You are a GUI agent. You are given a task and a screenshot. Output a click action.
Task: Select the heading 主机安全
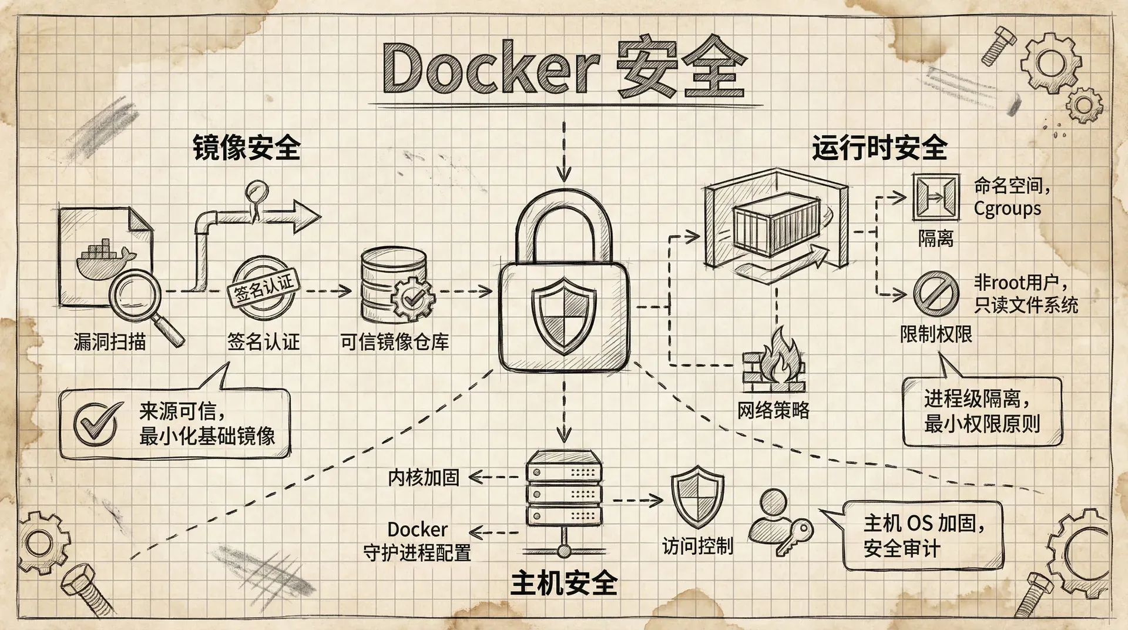click(564, 582)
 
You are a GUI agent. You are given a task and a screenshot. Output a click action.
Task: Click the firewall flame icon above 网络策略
click(774, 360)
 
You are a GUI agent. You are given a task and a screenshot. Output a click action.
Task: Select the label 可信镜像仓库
click(395, 342)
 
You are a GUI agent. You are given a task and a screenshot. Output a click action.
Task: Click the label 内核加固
click(424, 478)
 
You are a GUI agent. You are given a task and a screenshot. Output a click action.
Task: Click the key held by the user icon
click(794, 536)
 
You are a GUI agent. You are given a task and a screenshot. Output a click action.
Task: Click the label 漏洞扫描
click(110, 341)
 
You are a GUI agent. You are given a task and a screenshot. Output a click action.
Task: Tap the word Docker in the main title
click(491, 69)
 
